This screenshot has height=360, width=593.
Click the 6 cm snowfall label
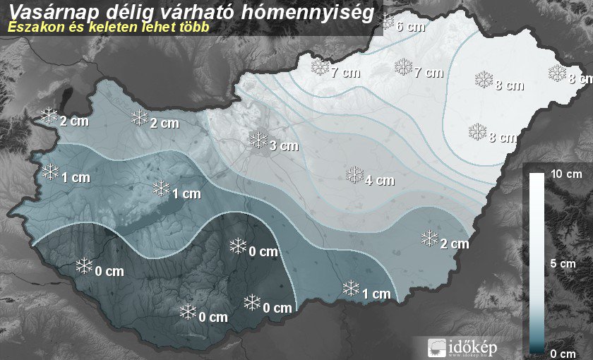pyautogui.click(x=411, y=28)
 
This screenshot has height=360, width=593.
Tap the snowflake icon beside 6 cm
pyautogui.click(x=386, y=22)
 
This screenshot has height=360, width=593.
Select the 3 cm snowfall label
pyautogui.click(x=284, y=147)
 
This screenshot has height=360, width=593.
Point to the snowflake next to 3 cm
pyautogui.click(x=259, y=140)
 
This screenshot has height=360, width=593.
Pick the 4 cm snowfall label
pyautogui.click(x=380, y=180)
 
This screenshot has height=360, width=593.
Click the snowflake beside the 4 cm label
pyautogui.click(x=354, y=174)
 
